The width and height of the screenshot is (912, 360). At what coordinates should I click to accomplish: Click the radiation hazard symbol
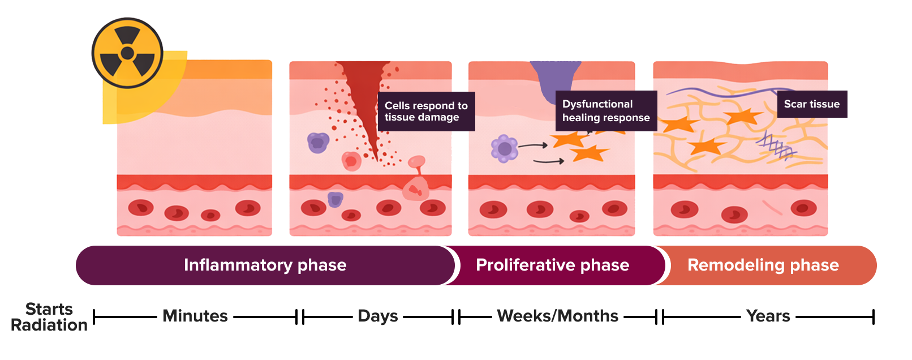[127, 53]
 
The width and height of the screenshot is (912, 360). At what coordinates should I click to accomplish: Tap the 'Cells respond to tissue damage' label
[426, 112]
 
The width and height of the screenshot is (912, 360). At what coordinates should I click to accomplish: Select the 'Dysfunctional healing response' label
[605, 111]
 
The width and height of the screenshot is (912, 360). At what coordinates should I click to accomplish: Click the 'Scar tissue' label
[811, 104]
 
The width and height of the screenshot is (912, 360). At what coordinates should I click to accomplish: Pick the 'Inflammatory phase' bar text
[265, 265]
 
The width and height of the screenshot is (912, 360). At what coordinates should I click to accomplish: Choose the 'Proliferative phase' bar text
[552, 265]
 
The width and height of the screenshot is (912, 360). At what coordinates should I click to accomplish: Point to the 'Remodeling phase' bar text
[763, 265]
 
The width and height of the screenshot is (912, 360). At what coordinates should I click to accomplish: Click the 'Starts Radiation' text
[49, 317]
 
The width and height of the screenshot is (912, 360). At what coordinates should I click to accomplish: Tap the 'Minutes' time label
[195, 316]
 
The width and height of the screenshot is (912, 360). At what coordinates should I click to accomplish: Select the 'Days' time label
[378, 316]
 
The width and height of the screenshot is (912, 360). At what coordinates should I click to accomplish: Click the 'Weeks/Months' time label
[557, 316]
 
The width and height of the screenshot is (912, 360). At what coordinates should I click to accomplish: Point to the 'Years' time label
[768, 316]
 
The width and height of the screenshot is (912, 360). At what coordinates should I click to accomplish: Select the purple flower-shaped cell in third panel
[504, 149]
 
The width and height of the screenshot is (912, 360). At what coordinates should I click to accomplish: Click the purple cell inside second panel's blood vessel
[335, 199]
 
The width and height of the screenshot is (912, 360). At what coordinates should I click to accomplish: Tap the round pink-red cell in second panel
[351, 161]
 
